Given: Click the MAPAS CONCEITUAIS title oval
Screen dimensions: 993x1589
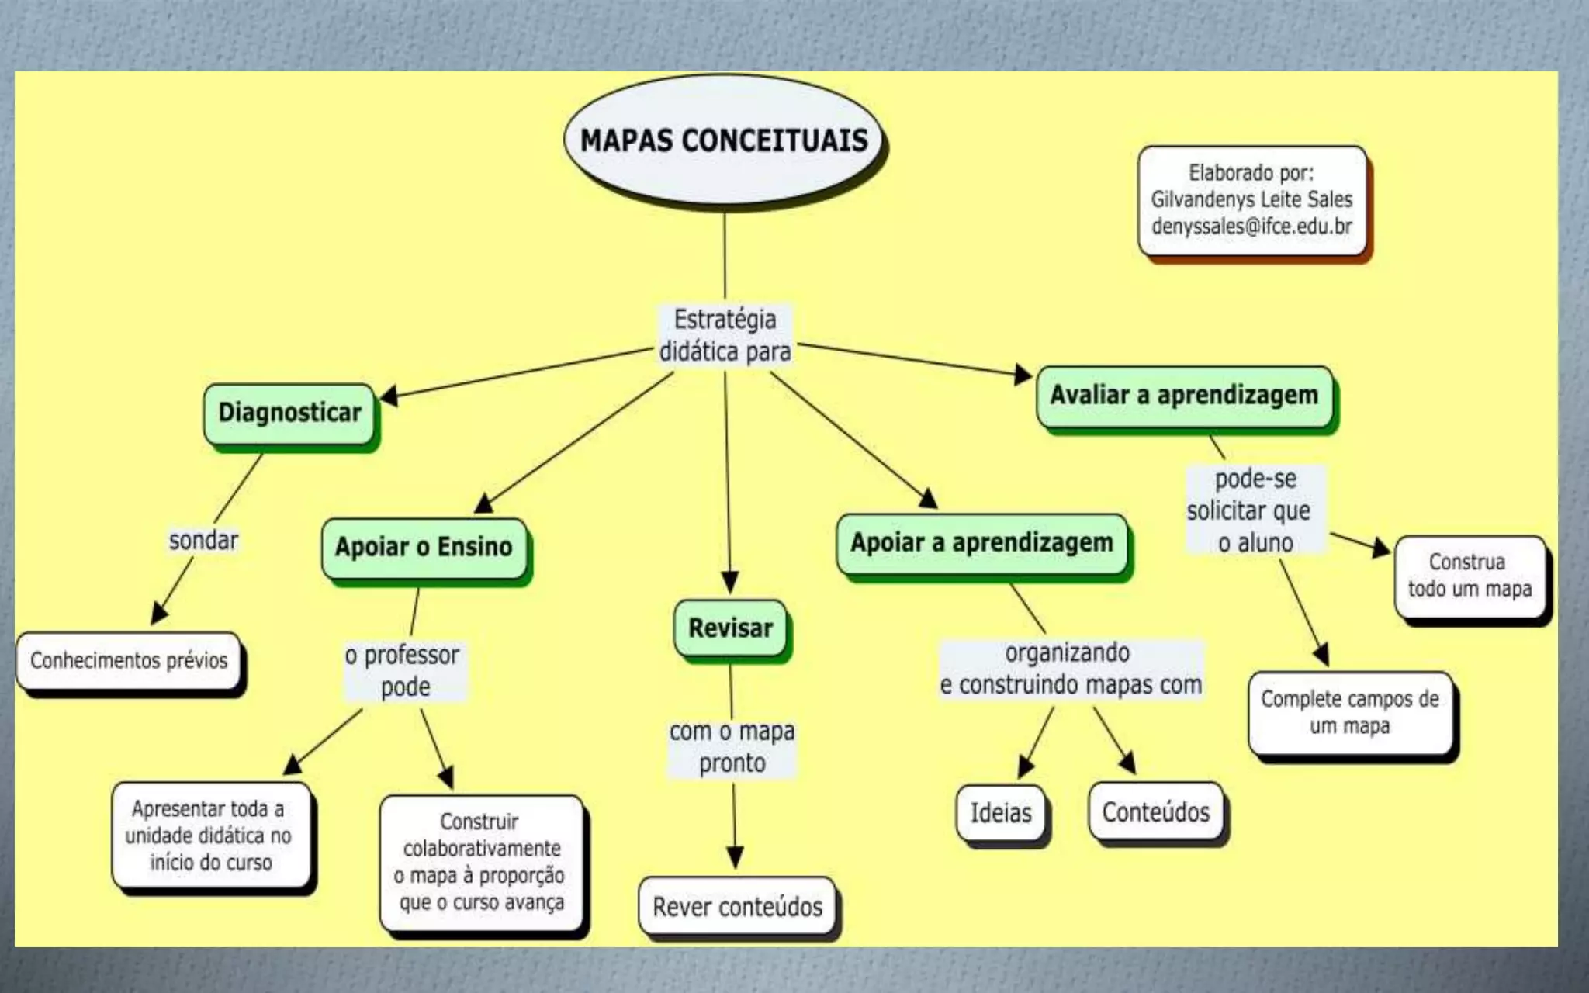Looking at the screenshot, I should (x=724, y=140).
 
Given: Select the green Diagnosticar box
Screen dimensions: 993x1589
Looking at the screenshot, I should (x=289, y=413).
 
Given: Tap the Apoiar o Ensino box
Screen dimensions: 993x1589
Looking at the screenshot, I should (x=424, y=547).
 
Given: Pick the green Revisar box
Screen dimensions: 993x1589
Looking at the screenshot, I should (x=730, y=628).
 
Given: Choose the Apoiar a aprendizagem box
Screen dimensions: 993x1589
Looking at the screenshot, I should (x=981, y=543).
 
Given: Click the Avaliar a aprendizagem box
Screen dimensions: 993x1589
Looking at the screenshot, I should (x=1184, y=395).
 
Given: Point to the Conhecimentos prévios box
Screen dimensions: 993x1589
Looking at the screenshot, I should (x=129, y=660).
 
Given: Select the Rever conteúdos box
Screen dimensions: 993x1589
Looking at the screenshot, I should (x=737, y=906).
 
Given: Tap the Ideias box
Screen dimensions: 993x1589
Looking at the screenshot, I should (x=1001, y=812).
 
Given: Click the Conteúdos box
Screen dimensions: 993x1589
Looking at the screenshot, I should (x=1155, y=812).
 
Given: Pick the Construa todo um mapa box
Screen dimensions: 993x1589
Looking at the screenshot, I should (x=1470, y=576).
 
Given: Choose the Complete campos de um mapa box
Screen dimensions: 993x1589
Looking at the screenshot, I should (x=1349, y=712).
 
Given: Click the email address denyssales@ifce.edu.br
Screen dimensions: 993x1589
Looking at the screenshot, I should (x=1251, y=227).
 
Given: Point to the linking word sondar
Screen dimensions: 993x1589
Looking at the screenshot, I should (x=203, y=540).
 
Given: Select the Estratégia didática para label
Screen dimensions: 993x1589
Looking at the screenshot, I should (x=725, y=336).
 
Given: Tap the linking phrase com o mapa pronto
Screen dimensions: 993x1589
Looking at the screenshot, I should (x=732, y=747).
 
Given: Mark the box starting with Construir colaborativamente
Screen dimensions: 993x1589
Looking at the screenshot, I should (x=481, y=862).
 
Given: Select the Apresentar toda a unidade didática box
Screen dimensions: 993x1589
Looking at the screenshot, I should (x=209, y=836).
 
